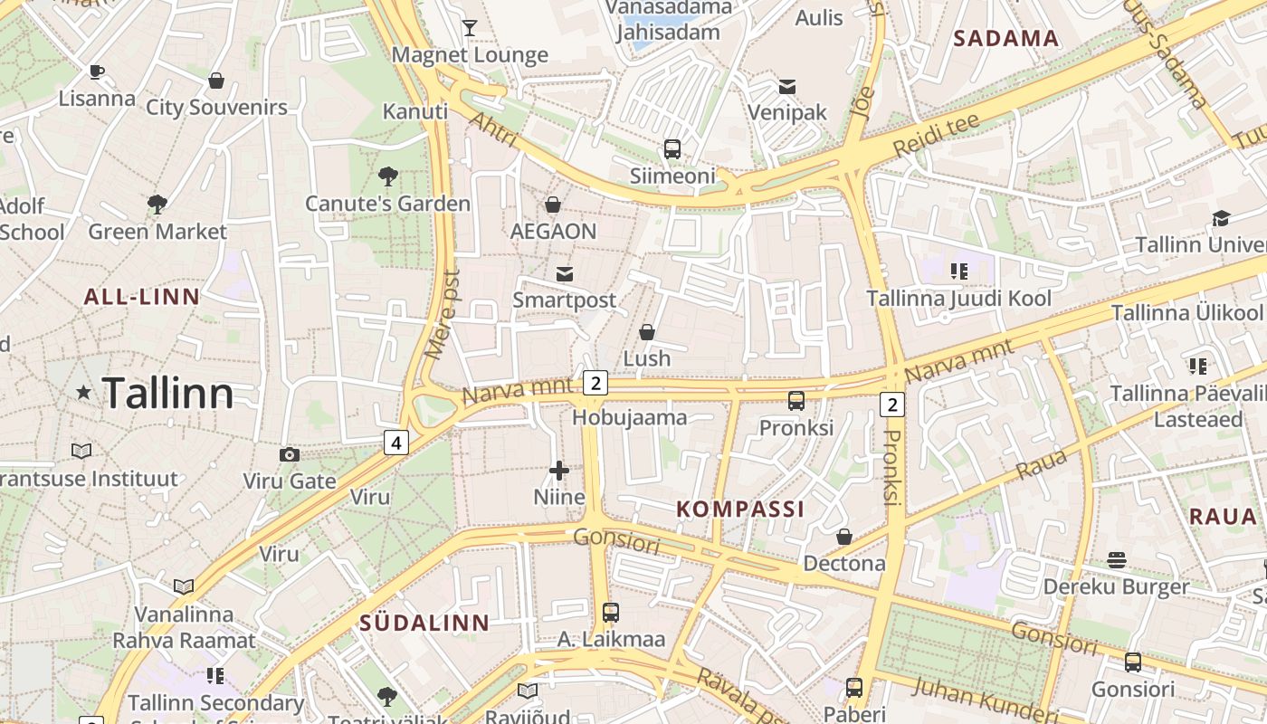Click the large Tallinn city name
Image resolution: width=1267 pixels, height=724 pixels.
168,393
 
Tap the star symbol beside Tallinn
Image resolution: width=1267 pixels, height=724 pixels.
84,392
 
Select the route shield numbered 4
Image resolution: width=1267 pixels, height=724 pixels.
395,442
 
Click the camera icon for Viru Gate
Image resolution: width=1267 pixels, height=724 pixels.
290,454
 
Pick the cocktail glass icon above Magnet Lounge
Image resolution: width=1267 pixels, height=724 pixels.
469,28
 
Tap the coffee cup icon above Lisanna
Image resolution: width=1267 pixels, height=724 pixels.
97,71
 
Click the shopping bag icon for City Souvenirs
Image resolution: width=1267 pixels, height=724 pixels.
216,81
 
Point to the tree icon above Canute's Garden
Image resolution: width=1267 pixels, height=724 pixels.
388,176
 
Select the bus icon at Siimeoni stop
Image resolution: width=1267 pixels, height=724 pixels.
672,149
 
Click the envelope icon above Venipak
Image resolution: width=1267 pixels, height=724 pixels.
786,87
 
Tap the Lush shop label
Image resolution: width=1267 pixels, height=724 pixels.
646,358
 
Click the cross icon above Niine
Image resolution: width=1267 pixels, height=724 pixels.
559,470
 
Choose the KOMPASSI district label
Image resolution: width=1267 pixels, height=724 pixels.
740,509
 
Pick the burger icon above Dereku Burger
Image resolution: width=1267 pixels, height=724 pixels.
1117,560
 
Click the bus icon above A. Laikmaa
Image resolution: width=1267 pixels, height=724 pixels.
611,612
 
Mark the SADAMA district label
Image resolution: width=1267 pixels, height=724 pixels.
1005,38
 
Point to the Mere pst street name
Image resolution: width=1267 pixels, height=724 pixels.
443,313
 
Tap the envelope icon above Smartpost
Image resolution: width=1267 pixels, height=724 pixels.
565,273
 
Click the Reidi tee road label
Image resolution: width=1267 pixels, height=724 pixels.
935,134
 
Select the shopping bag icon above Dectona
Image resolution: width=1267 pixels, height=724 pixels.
844,537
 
